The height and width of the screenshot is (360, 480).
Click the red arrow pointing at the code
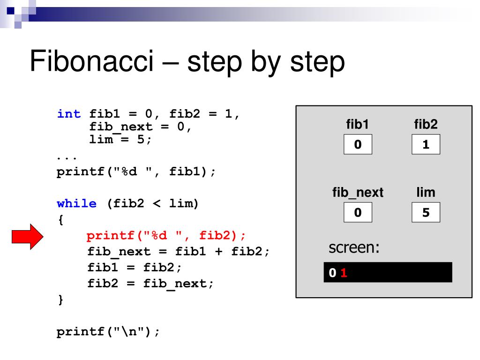point(27,237)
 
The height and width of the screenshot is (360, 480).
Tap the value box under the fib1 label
point(358,145)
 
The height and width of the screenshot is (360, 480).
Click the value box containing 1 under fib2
point(426,145)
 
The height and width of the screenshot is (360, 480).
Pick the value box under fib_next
point(358,213)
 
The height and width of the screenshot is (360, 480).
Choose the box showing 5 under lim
point(426,213)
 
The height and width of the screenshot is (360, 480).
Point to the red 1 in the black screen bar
point(344,273)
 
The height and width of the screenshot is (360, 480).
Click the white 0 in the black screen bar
point(332,273)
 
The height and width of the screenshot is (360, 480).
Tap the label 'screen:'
point(353,247)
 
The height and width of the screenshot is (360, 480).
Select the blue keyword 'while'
point(76,203)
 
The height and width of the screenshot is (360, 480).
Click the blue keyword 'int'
point(68,113)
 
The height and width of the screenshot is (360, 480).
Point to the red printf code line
point(166,235)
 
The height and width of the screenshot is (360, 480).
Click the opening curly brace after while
point(60,219)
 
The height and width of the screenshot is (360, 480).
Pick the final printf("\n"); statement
point(108,332)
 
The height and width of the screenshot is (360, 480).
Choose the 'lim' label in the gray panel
point(426,192)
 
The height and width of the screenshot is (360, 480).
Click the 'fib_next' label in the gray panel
point(358,193)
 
